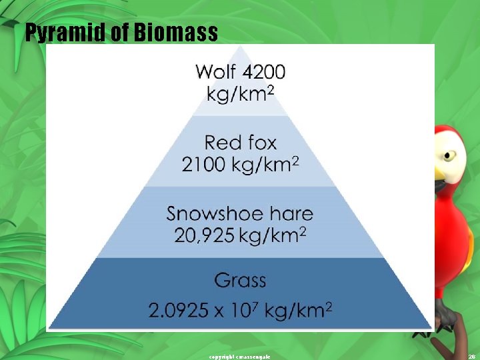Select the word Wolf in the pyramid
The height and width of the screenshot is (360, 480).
(216, 71)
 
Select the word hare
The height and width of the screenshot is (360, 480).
(288, 214)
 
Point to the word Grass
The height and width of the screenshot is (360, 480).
(240, 280)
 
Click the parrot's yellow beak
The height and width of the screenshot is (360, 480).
(439, 175)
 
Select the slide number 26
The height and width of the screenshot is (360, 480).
(471, 357)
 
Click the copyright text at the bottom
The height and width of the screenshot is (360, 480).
(240, 357)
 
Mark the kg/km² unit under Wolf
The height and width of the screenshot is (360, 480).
(240, 94)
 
